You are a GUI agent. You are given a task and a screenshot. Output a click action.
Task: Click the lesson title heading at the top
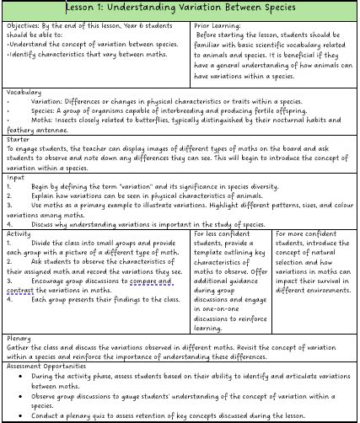(180, 8)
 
